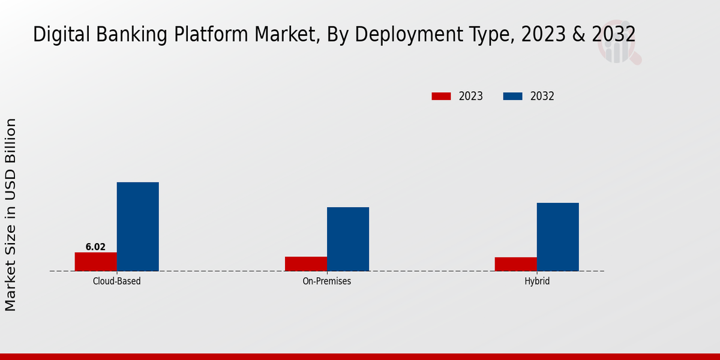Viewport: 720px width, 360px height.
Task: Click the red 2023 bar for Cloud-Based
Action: pyautogui.click(x=95, y=262)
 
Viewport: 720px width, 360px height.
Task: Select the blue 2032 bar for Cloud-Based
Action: pyautogui.click(x=137, y=226)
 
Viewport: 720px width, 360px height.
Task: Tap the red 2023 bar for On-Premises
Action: pyautogui.click(x=306, y=264)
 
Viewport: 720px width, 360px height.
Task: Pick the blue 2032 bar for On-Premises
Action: pyautogui.click(x=348, y=239)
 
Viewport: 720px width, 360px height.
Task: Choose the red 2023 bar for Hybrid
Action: pyautogui.click(x=516, y=264)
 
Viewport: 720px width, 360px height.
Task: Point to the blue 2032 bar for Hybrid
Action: pyautogui.click(x=558, y=236)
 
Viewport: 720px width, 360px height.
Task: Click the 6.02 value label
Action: pyautogui.click(x=95, y=247)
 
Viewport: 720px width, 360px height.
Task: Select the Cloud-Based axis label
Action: pyautogui.click(x=117, y=281)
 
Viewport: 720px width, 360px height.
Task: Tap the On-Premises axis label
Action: pyautogui.click(x=327, y=281)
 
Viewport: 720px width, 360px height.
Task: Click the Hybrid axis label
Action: pyautogui.click(x=537, y=281)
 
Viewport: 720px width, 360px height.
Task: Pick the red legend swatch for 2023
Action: pyautogui.click(x=441, y=96)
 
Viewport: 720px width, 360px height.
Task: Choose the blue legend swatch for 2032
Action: pyautogui.click(x=512, y=96)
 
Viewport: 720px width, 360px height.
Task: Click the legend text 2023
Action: pyautogui.click(x=471, y=96)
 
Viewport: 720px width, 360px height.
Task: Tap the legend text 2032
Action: pyautogui.click(x=542, y=96)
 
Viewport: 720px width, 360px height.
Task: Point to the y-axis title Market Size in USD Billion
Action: pyautogui.click(x=11, y=214)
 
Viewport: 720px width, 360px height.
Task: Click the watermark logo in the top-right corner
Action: pyautogui.click(x=619, y=46)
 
